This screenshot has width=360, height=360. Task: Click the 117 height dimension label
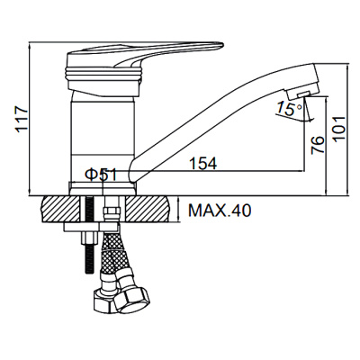22,119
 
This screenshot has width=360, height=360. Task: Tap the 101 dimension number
339,129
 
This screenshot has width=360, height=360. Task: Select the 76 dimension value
318,145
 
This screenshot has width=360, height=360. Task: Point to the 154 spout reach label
202,164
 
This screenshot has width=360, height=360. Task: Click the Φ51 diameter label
101,175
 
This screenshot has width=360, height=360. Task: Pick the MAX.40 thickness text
220,211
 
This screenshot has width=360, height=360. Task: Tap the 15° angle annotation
289,109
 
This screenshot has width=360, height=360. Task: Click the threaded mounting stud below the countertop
89,234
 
